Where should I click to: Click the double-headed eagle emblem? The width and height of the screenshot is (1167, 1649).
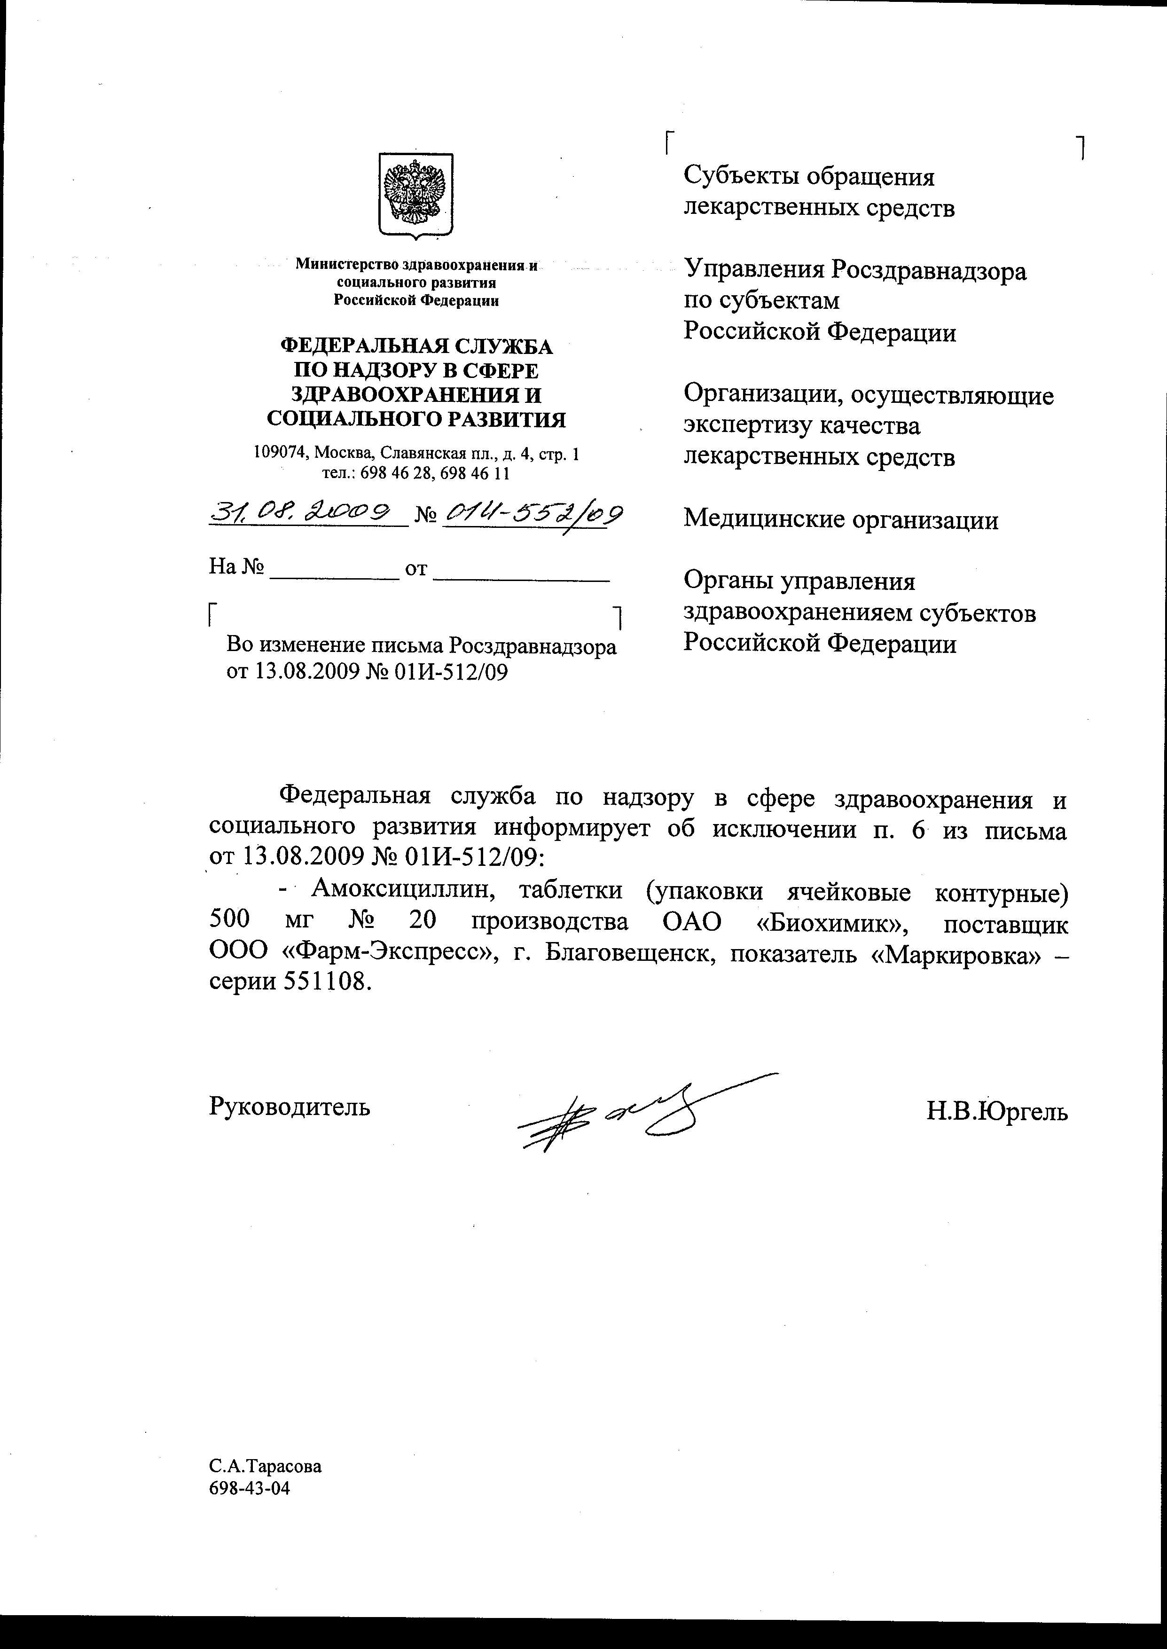415,195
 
